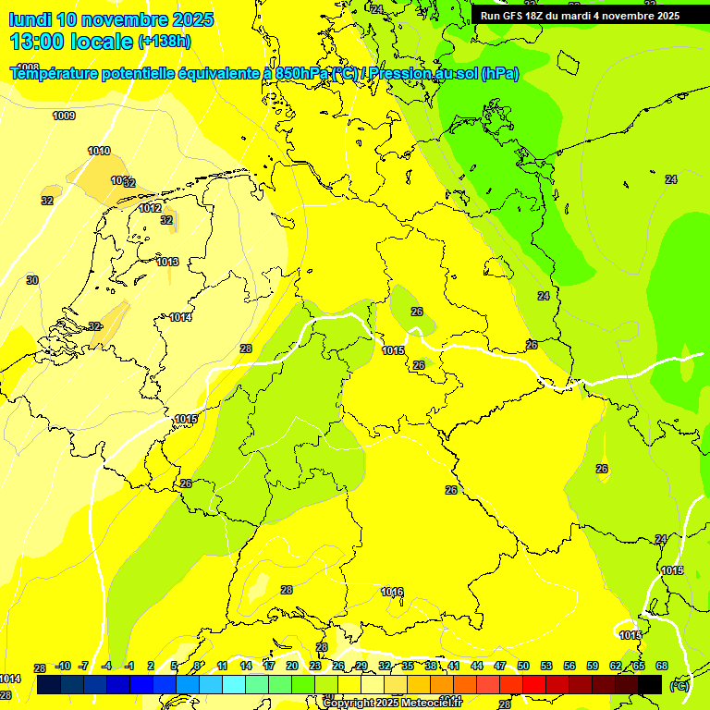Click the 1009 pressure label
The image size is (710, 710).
(x=64, y=116)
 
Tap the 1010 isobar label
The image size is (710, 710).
(x=99, y=151)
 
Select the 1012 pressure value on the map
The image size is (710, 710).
(x=151, y=208)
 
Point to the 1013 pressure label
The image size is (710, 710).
(x=167, y=262)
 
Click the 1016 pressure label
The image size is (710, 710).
(x=392, y=592)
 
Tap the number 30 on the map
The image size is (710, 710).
(x=32, y=279)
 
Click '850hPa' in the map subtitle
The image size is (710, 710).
(x=301, y=74)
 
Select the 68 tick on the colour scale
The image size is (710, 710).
(x=662, y=667)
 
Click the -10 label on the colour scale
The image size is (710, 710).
(x=63, y=667)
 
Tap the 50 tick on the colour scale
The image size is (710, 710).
(x=523, y=667)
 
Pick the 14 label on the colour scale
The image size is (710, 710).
(x=246, y=667)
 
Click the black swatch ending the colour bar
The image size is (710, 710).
(x=650, y=684)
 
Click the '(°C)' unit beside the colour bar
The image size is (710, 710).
(x=679, y=685)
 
